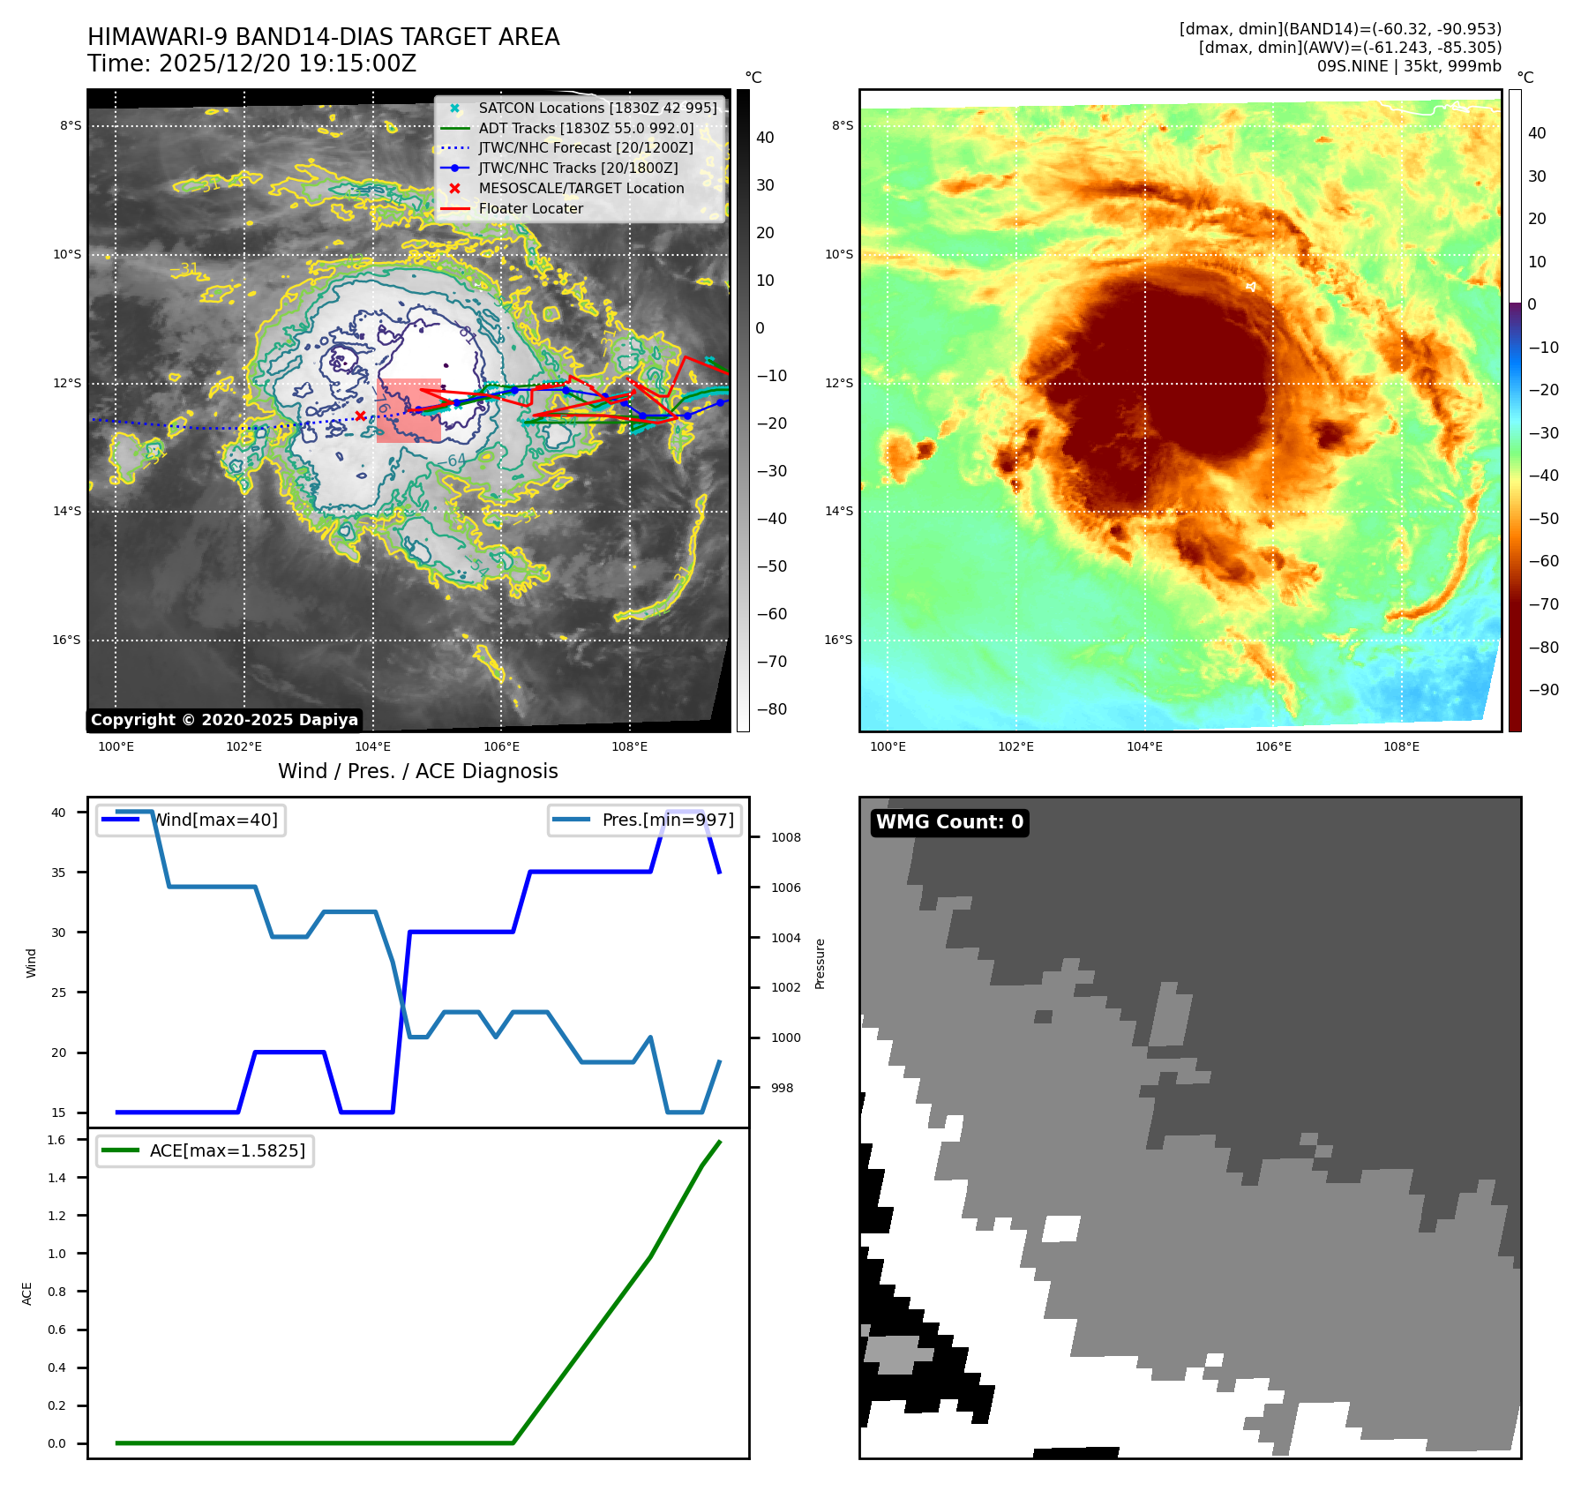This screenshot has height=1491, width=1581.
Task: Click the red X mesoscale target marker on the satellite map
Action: click(x=360, y=416)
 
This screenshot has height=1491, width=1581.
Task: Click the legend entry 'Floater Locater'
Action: click(x=530, y=209)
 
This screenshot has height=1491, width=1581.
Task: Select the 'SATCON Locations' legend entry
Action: click(x=597, y=109)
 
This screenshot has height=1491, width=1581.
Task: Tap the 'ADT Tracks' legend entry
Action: click(x=586, y=129)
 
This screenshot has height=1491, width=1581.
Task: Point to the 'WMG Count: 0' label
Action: click(x=949, y=822)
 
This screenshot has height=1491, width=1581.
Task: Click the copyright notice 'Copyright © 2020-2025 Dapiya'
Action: click(x=224, y=720)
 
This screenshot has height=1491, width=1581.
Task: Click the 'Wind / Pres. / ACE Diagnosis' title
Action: click(x=418, y=772)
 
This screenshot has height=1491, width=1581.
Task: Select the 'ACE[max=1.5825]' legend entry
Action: click(x=227, y=1151)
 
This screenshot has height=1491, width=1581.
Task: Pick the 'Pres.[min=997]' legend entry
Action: click(x=667, y=820)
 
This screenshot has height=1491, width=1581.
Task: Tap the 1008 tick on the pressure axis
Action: click(x=785, y=838)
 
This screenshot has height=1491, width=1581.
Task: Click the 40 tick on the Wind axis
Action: click(x=58, y=813)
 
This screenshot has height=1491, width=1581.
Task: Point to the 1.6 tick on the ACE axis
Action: click(x=56, y=1141)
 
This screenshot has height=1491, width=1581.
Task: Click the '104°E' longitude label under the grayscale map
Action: click(x=373, y=747)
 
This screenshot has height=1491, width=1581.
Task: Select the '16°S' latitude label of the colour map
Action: click(x=838, y=641)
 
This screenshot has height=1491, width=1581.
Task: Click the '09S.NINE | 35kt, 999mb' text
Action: click(x=1409, y=66)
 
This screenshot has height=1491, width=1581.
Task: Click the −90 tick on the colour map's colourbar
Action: click(x=1543, y=690)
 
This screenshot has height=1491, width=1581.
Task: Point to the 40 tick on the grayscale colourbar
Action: click(x=765, y=138)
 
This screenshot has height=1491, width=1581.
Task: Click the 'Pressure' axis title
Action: click(x=820, y=963)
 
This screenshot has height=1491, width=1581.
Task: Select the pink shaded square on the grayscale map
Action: click(x=408, y=410)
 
